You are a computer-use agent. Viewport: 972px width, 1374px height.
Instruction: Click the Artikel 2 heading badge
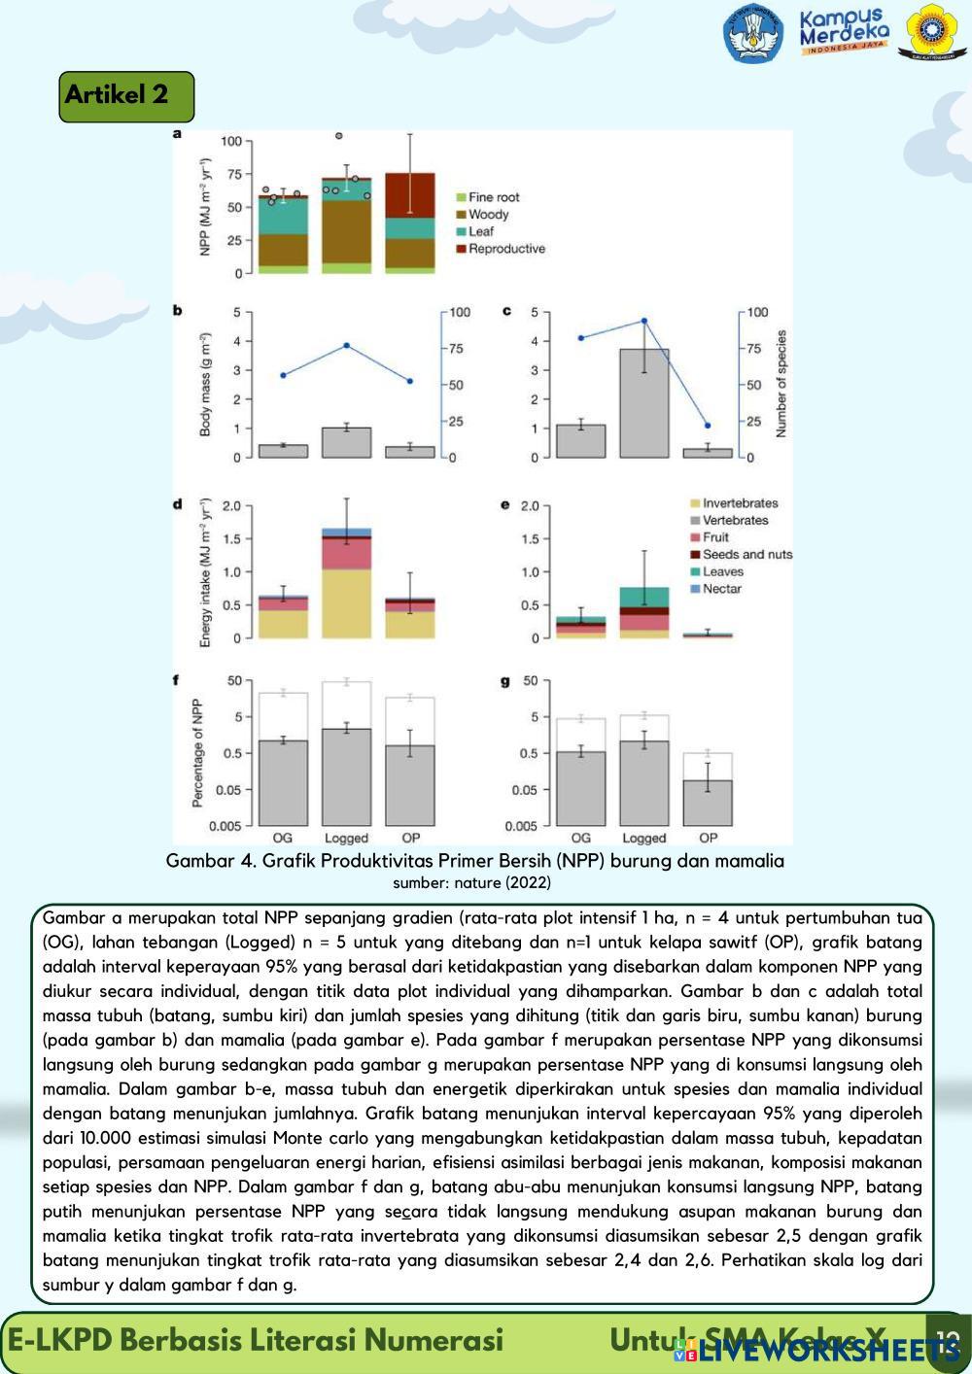point(126,96)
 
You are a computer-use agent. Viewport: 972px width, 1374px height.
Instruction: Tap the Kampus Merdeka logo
point(844,31)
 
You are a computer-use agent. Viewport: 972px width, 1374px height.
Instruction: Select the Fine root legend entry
point(493,197)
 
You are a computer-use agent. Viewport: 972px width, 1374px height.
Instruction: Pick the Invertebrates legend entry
point(739,503)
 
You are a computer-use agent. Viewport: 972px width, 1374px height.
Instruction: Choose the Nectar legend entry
point(721,589)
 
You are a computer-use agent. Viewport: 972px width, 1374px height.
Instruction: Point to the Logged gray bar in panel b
point(346,442)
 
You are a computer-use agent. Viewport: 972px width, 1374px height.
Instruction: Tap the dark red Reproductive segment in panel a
point(409,194)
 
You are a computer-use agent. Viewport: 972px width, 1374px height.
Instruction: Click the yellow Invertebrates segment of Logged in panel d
point(346,602)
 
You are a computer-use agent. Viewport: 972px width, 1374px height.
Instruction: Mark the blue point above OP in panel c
point(708,426)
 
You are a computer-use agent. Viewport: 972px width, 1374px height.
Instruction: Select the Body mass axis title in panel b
point(206,385)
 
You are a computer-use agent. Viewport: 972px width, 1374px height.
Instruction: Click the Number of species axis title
point(781,384)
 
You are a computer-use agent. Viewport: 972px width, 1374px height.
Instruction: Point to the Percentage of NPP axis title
point(197,753)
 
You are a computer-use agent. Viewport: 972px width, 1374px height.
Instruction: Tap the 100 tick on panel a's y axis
point(230,141)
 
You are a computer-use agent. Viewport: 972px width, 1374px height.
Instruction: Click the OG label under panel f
point(282,838)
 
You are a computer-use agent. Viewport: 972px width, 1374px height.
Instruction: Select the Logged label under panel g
point(643,838)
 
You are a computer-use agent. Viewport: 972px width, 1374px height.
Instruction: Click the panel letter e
point(505,505)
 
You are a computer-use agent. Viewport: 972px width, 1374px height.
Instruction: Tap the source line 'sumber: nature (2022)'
point(471,883)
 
